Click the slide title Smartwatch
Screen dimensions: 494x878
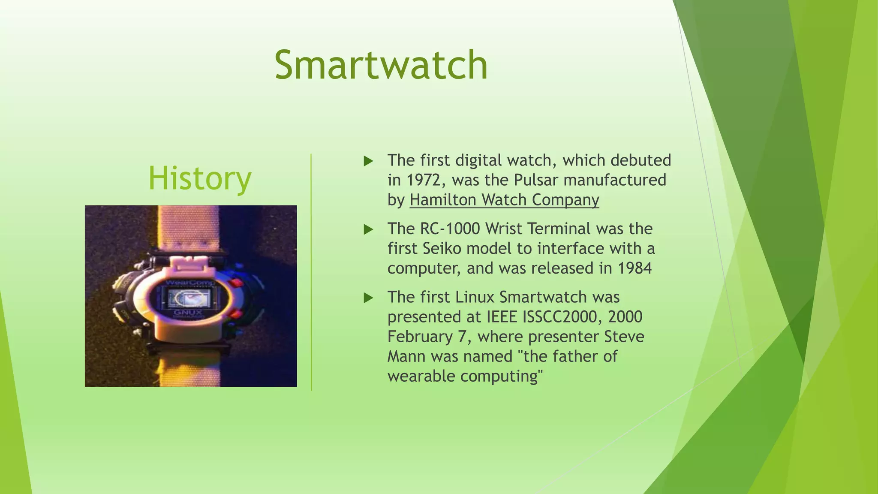coord(381,65)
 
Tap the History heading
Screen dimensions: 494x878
coord(200,178)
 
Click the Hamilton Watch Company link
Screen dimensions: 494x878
coord(504,200)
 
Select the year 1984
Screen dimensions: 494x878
coord(634,268)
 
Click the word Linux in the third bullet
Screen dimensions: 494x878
coord(475,297)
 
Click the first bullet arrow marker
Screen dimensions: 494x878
coord(368,161)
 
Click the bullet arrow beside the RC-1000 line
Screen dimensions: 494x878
coord(368,229)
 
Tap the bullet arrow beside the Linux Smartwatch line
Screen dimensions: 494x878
coord(368,298)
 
